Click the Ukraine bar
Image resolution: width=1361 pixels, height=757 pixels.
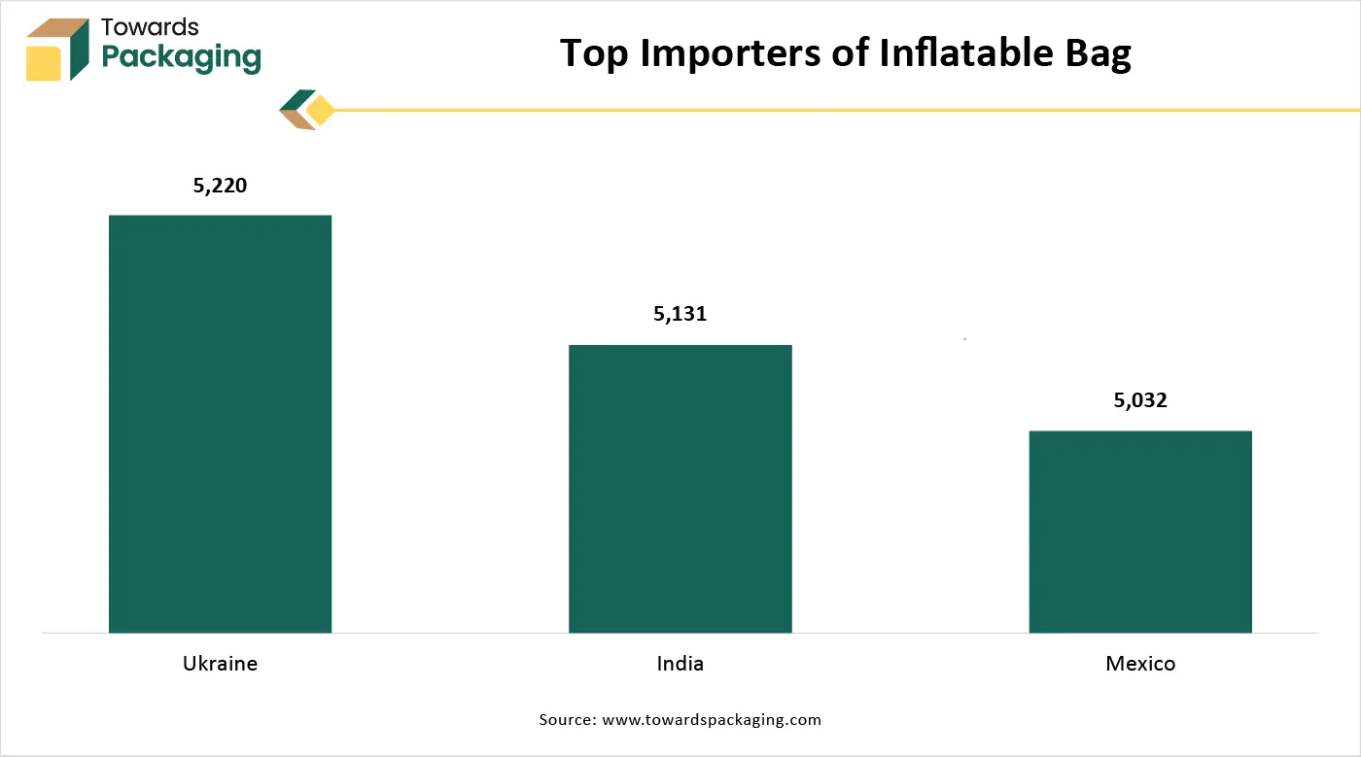point(220,424)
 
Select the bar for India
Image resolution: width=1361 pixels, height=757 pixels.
point(680,489)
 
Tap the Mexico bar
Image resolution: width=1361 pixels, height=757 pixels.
point(1139,532)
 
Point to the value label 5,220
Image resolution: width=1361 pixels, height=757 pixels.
point(221,185)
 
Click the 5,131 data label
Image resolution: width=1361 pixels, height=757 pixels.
point(680,314)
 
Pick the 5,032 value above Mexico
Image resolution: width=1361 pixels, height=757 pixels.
point(1140,400)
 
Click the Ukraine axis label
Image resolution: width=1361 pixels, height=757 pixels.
point(220,664)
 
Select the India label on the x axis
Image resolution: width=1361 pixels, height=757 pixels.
point(680,664)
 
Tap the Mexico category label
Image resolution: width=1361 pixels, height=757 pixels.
point(1140,664)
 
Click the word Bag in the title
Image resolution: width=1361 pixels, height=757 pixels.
point(1096,54)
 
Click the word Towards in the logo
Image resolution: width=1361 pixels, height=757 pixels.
point(150,26)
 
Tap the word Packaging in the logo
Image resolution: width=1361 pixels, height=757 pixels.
point(181,57)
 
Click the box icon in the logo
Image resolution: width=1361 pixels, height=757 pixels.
point(57,49)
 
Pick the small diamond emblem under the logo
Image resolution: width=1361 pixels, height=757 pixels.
point(306,110)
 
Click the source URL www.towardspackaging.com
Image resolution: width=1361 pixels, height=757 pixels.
point(712,720)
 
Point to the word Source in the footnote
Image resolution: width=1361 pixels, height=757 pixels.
point(567,720)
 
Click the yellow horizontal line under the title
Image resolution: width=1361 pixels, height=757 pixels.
point(846,110)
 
